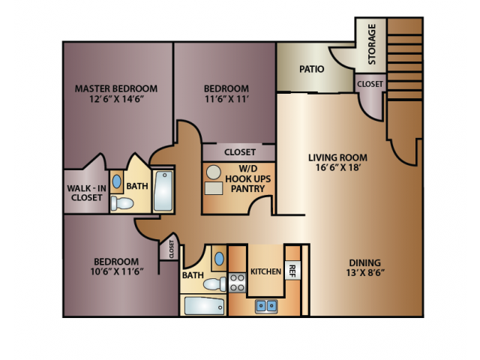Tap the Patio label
311,69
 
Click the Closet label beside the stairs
370,84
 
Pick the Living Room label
337,157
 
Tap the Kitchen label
265,271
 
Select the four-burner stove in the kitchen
238,283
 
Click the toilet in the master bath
121,203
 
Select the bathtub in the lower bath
203,307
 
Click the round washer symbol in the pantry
214,173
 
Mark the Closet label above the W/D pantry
239,152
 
